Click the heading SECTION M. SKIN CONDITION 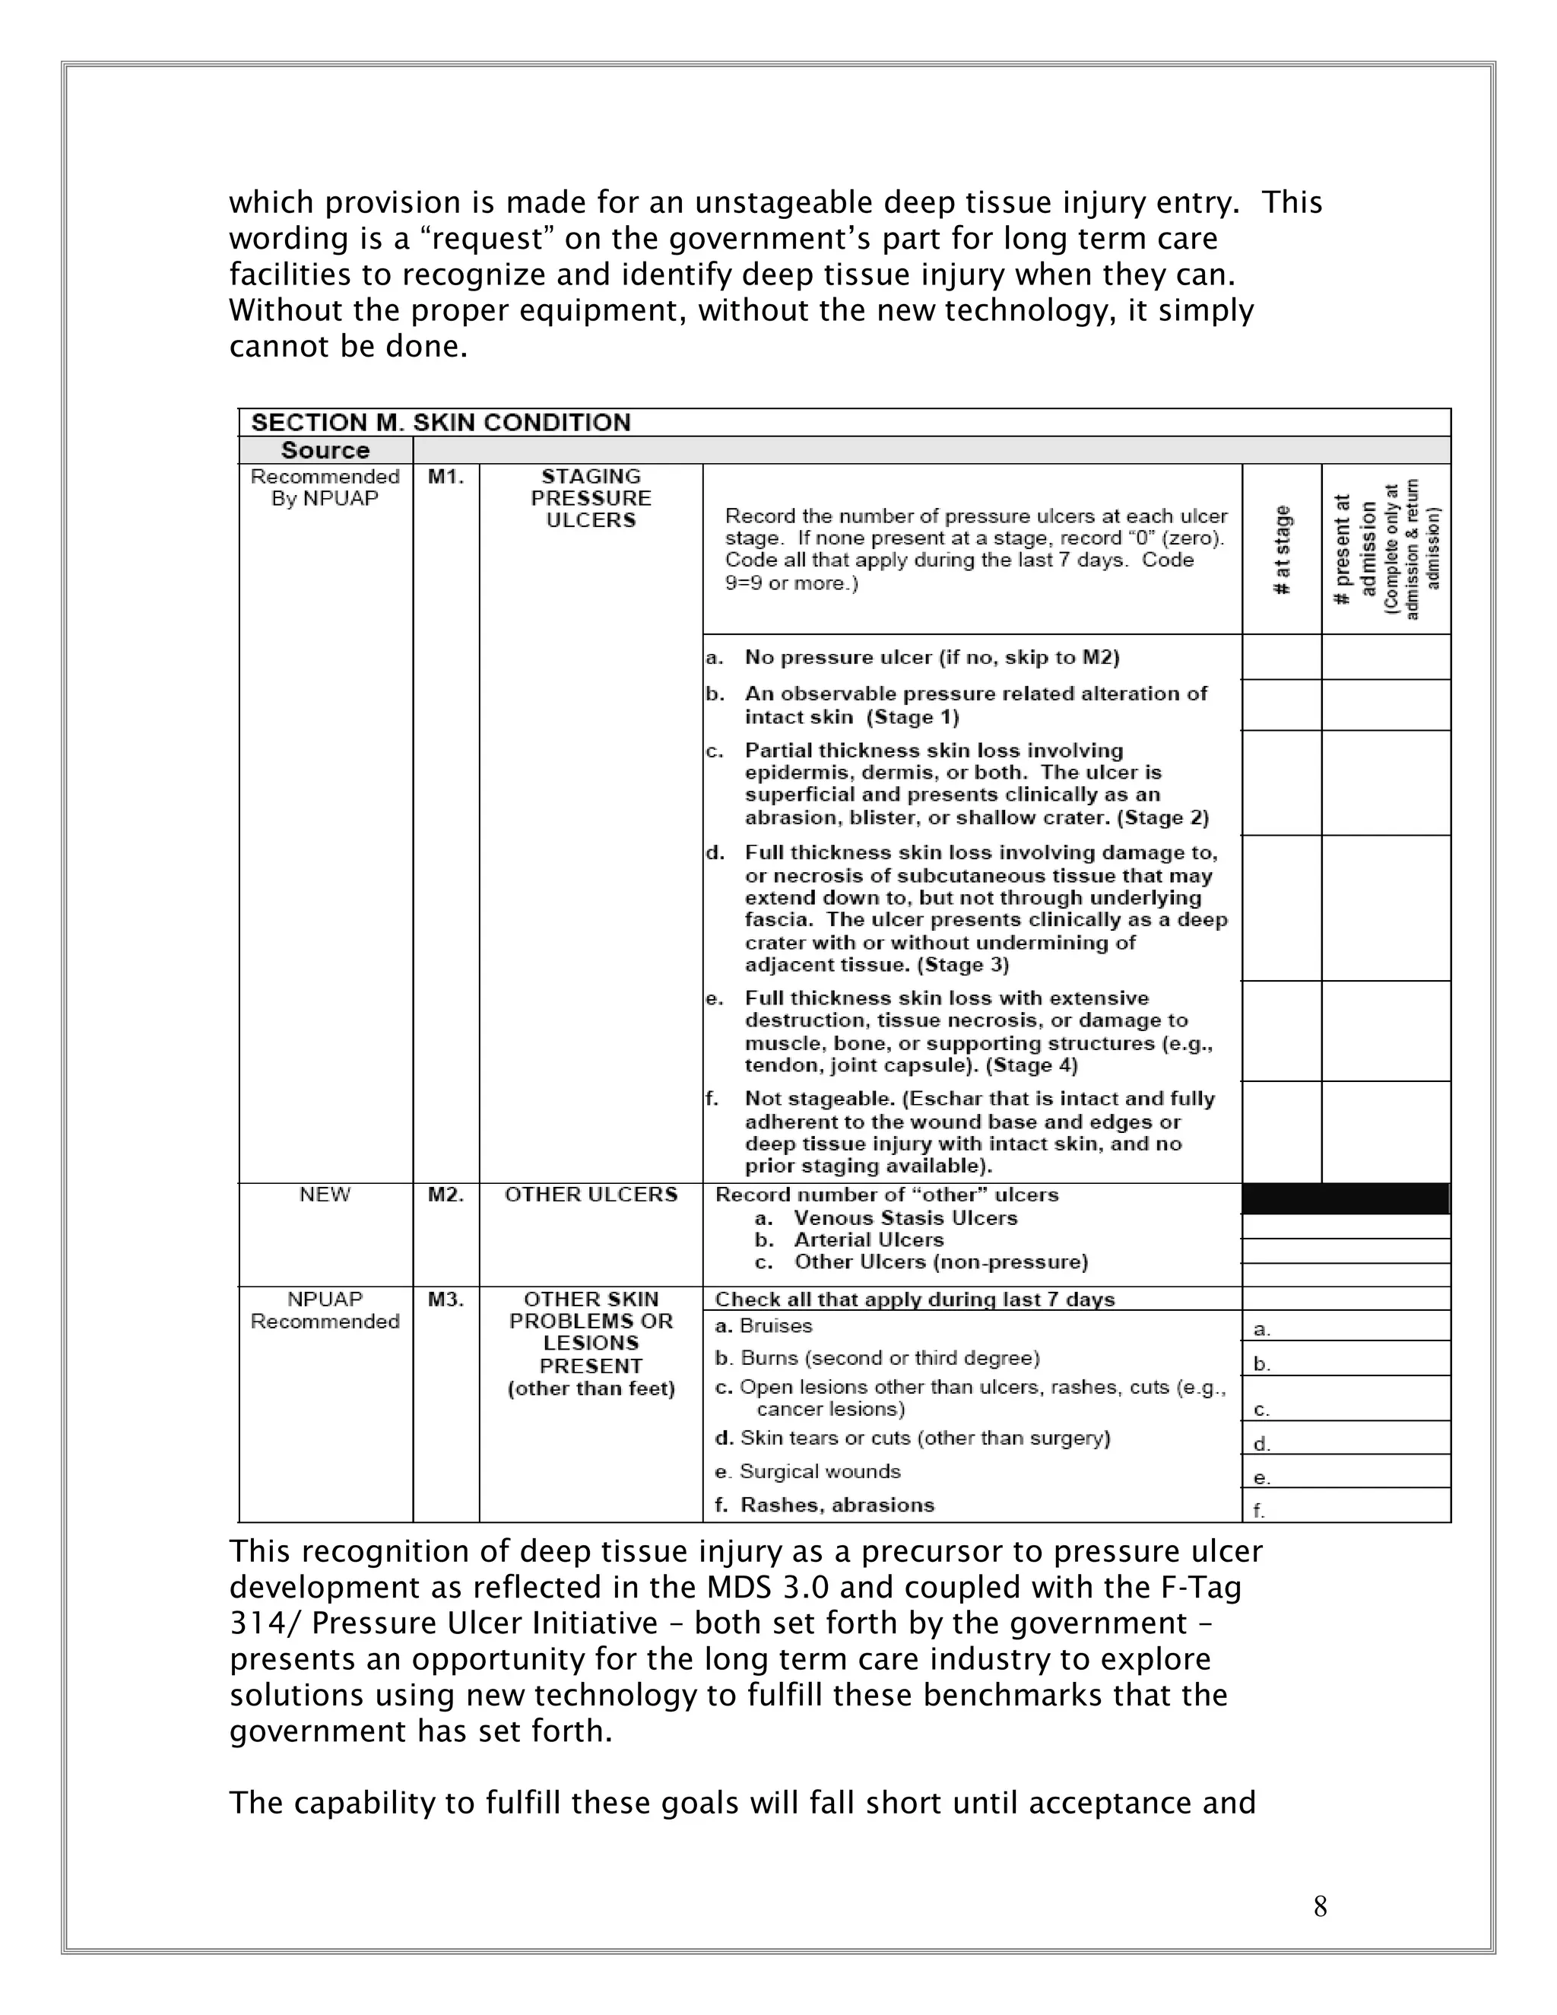tap(441, 423)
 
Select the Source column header tap(325, 450)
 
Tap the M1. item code tap(446, 477)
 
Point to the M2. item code tap(446, 1195)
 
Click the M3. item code tap(446, 1299)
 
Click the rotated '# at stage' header tap(1282, 550)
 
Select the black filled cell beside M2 tap(1346, 1198)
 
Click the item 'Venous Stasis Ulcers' tap(905, 1218)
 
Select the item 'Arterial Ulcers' tap(868, 1240)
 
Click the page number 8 tap(1320, 1906)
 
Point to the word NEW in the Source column tap(325, 1195)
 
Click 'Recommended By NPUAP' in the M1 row tap(325, 487)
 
